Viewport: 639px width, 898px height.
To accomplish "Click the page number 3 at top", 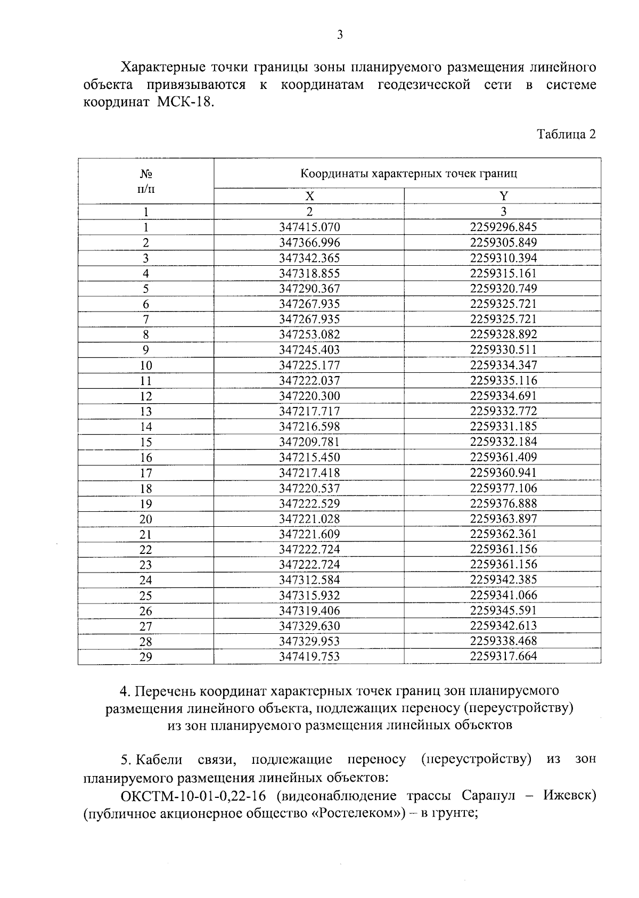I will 340,35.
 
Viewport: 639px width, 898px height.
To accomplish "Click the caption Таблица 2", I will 566,134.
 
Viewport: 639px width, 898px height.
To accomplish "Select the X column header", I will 309,195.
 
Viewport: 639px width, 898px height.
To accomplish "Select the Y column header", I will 503,195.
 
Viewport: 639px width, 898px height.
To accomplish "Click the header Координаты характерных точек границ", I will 408,174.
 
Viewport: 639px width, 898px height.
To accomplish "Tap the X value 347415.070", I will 309,227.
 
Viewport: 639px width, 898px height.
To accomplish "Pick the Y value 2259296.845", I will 503,227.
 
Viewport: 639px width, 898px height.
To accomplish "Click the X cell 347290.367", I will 309,289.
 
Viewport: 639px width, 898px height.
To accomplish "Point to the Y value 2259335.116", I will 503,380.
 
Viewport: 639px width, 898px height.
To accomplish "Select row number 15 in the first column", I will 146,442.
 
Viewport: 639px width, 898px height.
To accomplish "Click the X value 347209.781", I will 309,442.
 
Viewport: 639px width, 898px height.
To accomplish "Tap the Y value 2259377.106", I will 503,488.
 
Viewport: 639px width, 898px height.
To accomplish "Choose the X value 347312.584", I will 309,580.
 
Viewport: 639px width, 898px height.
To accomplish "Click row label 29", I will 146,657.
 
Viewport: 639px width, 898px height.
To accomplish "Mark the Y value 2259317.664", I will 503,656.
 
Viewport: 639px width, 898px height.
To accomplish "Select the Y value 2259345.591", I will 503,610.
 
